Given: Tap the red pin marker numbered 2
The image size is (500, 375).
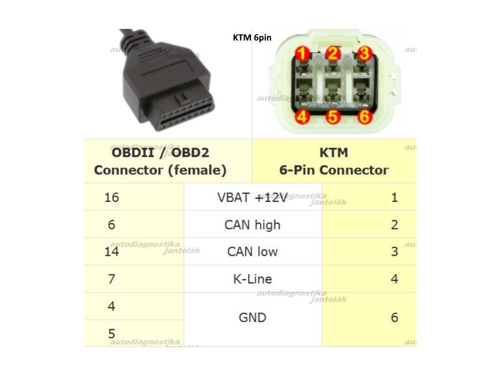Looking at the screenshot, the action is [x=333, y=53].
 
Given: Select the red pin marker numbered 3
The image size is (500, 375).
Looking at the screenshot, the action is [x=364, y=53].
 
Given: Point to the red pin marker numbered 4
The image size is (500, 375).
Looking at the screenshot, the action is [x=302, y=117].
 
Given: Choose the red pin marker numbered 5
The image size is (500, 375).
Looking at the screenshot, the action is [x=333, y=117].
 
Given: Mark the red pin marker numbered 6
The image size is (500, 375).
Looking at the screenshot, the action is [x=364, y=117].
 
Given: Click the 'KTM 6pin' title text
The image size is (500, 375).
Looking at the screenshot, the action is [x=251, y=37].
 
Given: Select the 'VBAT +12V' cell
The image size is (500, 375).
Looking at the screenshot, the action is [x=252, y=197].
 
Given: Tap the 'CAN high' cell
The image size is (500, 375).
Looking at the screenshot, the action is [x=252, y=225].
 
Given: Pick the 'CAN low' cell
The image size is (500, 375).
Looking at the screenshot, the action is [x=252, y=252].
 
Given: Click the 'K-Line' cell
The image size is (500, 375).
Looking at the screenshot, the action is [x=252, y=279].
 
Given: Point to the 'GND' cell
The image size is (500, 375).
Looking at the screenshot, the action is [x=252, y=318].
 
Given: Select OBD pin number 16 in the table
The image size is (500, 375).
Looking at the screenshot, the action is [x=111, y=197].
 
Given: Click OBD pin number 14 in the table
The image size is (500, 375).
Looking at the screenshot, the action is [x=111, y=252].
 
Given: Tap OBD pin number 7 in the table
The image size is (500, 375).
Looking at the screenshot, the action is [x=111, y=279].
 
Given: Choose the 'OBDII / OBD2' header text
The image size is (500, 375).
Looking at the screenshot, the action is [x=160, y=153].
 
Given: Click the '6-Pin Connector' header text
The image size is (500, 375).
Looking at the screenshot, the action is [x=334, y=170].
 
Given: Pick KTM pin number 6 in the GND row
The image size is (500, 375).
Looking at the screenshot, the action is [x=395, y=318].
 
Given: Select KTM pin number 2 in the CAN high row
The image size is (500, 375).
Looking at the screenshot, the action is [x=395, y=225].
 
